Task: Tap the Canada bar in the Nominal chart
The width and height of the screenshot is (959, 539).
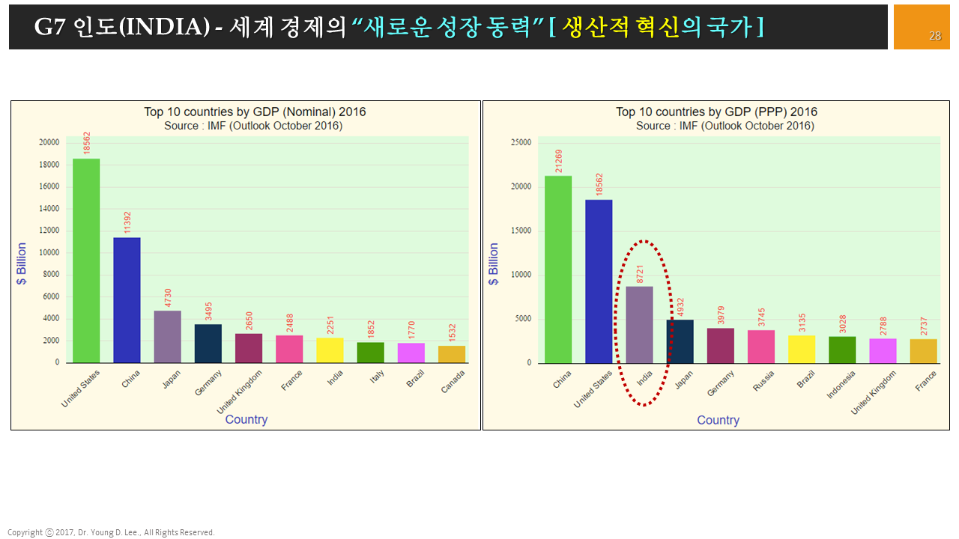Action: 452,354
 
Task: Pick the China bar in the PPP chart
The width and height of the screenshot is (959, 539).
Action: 558,269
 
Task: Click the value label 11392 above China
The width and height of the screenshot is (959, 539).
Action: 127,222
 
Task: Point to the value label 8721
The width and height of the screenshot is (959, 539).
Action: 640,272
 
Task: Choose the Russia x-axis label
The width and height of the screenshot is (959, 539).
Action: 763,381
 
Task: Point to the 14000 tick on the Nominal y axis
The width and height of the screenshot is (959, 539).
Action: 49,209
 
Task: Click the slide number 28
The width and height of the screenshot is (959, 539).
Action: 935,36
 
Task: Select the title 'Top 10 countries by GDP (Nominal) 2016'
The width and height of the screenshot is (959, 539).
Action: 255,112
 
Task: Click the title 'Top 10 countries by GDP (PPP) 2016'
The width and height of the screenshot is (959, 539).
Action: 716,112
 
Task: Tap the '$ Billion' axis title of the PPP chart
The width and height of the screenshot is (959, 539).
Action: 493,264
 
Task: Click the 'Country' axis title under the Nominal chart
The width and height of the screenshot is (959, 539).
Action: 246,419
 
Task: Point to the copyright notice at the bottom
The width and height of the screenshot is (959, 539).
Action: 111,532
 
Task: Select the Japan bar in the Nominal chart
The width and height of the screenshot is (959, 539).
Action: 167,336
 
